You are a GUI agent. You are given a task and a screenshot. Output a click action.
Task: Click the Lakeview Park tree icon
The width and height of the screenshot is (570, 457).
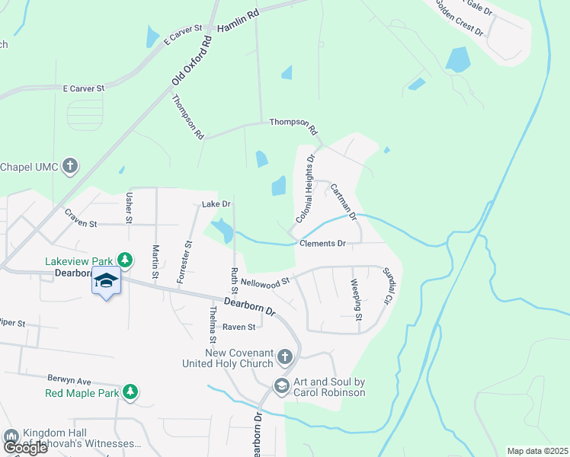point(126,260)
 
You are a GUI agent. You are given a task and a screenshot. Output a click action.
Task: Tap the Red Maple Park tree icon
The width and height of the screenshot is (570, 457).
point(130,392)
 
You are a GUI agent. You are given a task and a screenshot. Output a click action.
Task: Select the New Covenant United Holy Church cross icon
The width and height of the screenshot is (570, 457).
point(284,356)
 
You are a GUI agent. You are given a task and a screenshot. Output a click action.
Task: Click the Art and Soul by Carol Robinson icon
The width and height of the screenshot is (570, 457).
point(281,386)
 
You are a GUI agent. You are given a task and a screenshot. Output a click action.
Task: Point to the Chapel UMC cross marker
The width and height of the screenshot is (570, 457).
point(70,166)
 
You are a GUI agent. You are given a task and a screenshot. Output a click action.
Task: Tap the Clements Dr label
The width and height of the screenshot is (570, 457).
point(323,244)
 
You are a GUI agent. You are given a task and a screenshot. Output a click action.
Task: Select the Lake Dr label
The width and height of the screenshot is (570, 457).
point(216,204)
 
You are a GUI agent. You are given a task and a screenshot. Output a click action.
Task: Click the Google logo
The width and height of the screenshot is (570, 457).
point(24,448)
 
